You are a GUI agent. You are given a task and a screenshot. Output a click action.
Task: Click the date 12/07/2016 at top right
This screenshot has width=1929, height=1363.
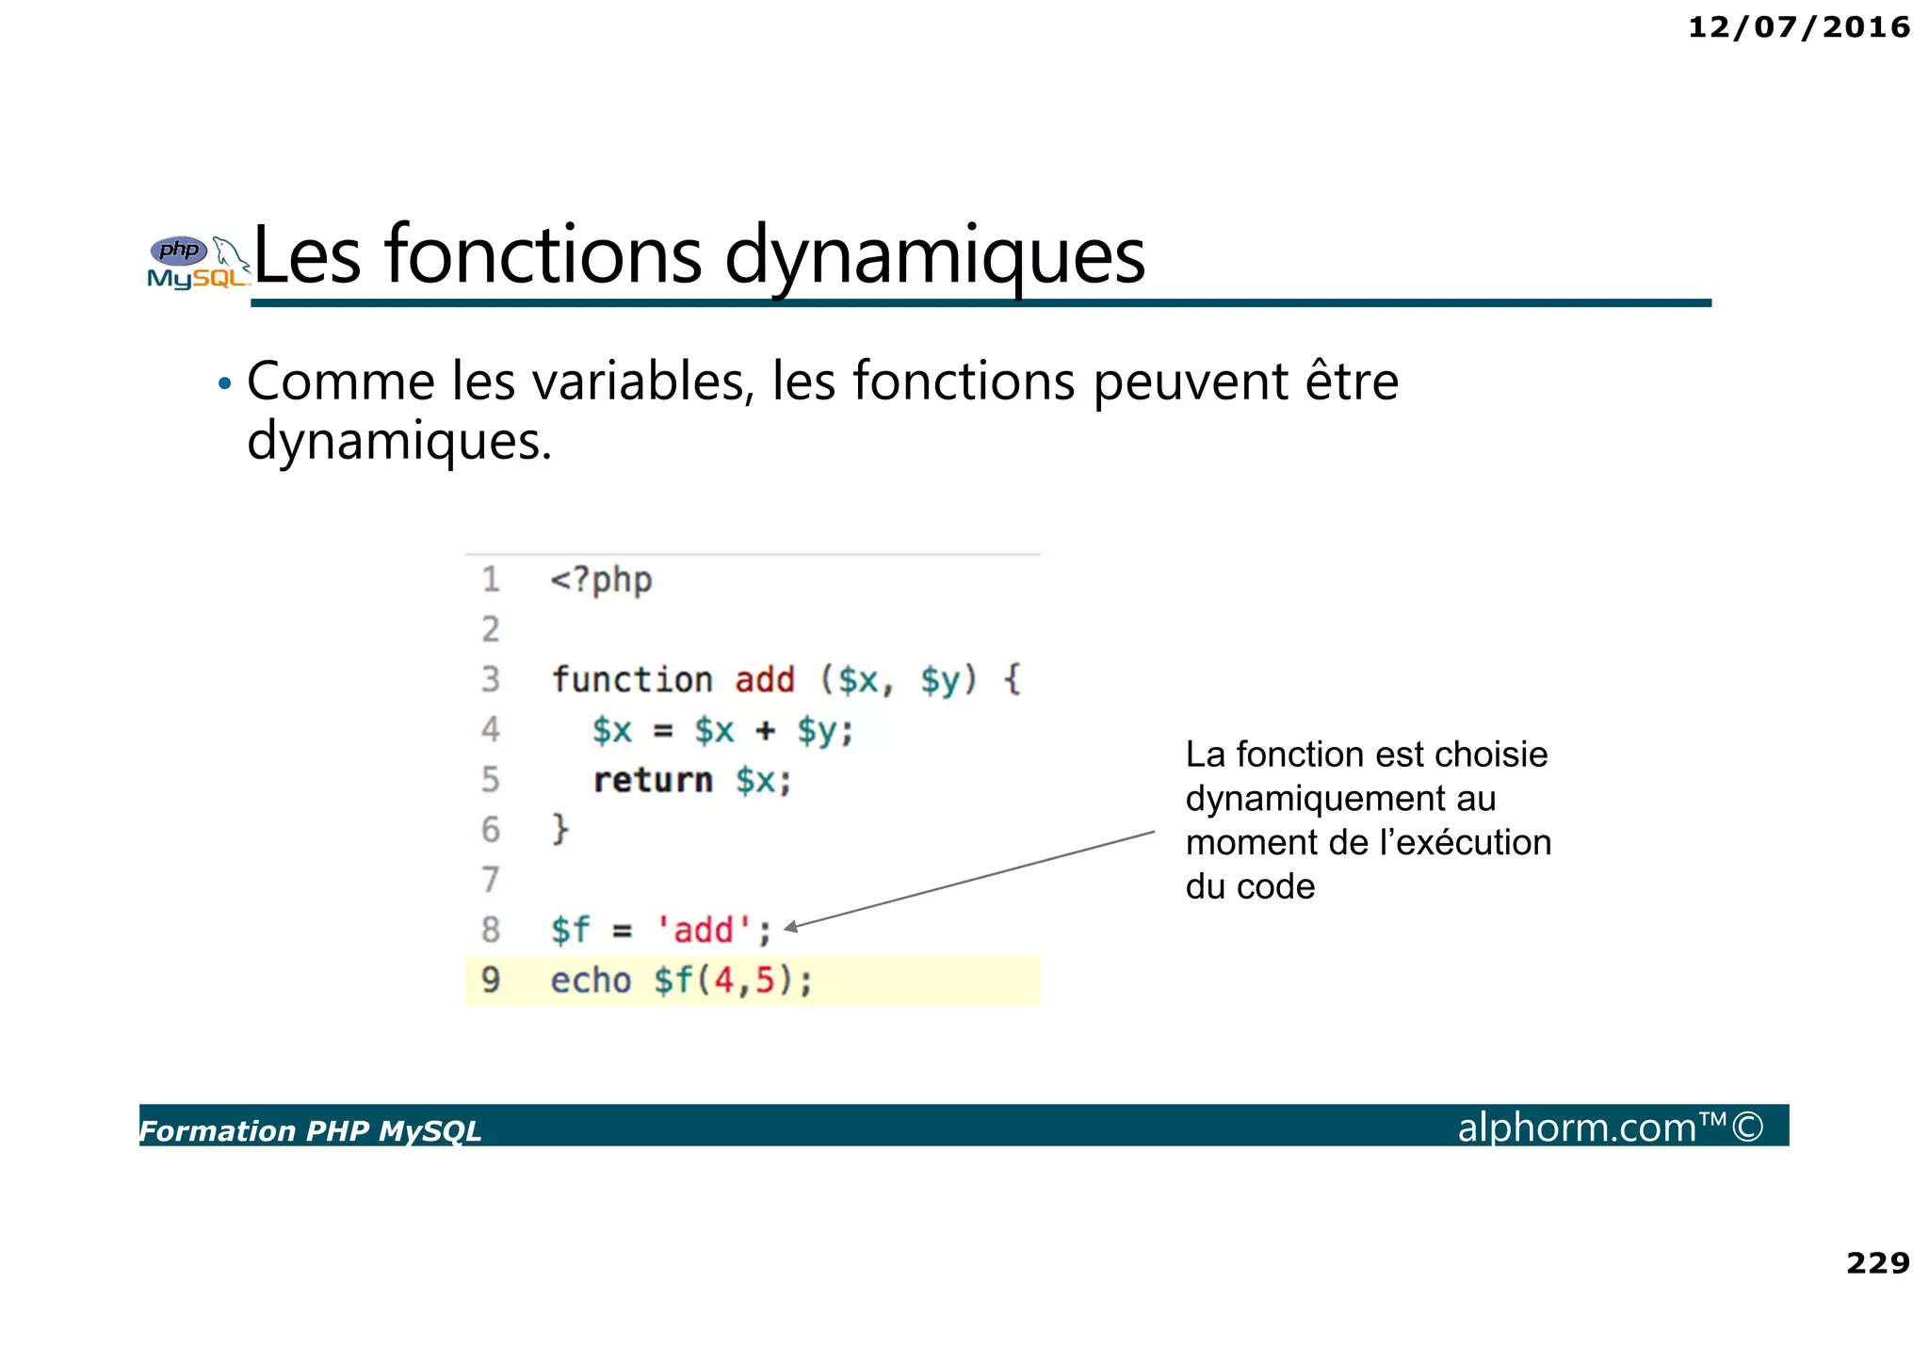pos(1798,27)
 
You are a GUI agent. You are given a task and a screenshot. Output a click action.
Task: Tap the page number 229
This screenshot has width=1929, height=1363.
pos(1877,1262)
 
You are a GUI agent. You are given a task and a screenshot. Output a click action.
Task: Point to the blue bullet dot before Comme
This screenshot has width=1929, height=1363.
pos(224,383)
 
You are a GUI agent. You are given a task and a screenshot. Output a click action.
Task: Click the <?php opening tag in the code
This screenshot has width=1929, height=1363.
pos(601,580)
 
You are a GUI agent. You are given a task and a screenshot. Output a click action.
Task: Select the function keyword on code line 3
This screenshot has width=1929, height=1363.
pos(632,679)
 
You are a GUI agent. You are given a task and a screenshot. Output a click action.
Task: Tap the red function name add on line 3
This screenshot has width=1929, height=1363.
pos(765,679)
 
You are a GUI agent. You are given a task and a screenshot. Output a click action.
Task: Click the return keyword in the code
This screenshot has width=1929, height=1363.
pos(653,780)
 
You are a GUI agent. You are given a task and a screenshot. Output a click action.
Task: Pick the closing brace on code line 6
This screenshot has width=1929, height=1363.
pos(560,829)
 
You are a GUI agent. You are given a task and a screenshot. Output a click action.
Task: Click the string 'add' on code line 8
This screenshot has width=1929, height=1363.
pos(705,930)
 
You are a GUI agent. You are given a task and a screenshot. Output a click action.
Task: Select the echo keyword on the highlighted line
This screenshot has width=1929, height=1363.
pos(591,981)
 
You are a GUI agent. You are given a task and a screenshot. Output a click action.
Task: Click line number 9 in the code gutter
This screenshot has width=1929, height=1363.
pos(491,981)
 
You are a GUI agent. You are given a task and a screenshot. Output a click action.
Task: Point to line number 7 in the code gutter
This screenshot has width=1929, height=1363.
pos(491,880)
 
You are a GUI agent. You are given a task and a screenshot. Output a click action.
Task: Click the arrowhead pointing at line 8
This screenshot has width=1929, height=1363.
pos(792,927)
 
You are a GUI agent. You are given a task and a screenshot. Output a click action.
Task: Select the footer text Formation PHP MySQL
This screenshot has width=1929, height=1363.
pos(310,1130)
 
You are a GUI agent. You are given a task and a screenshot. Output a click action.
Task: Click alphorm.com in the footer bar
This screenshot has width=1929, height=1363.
pos(1577,1128)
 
